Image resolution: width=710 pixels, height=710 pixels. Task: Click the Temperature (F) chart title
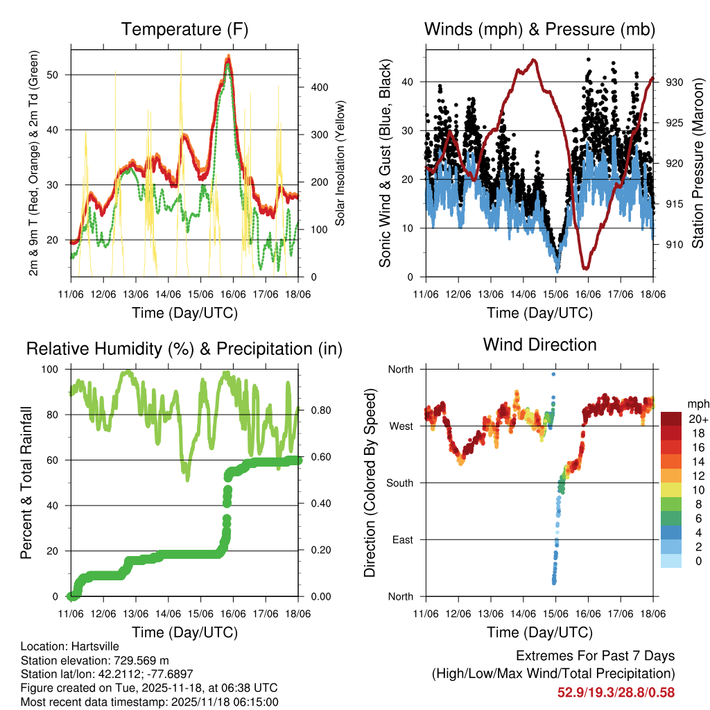pyautogui.click(x=184, y=30)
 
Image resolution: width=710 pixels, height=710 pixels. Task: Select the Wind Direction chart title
pyautogui.click(x=539, y=345)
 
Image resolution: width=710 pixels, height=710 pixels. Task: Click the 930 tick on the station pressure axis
pyautogui.click(x=674, y=83)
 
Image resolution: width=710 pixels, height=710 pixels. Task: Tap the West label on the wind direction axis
pyautogui.click(x=401, y=426)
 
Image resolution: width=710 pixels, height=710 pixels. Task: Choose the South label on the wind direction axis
pyautogui.click(x=399, y=483)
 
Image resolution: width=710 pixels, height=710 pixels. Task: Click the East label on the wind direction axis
pyautogui.click(x=401, y=540)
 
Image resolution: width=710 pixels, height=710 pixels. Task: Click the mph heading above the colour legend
pyautogui.click(x=697, y=404)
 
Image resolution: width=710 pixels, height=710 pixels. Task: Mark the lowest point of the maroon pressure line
pyautogui.click(x=586, y=267)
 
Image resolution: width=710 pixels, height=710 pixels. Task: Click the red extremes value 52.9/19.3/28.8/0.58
pyautogui.click(x=616, y=692)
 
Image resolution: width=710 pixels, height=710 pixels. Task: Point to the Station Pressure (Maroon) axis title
pyautogui.click(x=698, y=164)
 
